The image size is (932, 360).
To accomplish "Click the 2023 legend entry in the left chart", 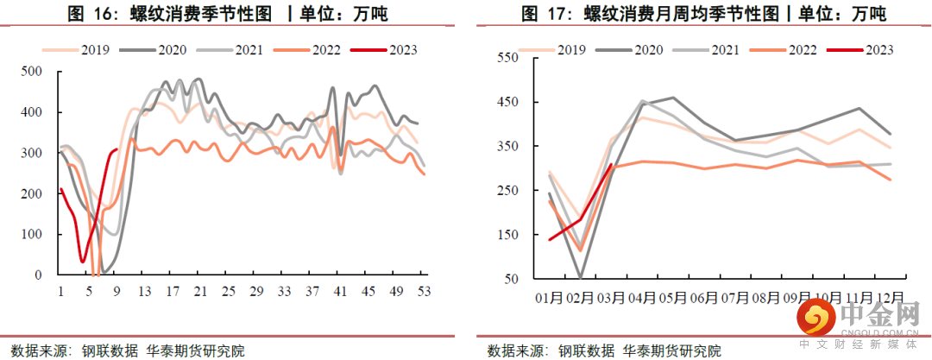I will (389, 49).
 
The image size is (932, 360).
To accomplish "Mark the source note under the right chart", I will (604, 351).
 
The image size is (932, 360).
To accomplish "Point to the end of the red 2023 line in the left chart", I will (116, 150).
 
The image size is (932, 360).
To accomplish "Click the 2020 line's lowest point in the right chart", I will (580, 278).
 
